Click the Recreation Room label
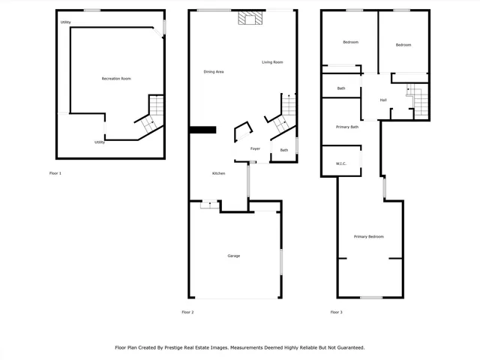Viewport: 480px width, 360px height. (116, 79)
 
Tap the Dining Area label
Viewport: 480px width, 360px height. (214, 72)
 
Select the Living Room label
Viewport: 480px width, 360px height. (272, 62)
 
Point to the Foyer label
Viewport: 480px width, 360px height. (255, 149)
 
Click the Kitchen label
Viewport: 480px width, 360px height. (218, 173)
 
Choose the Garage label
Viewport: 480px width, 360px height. (234, 256)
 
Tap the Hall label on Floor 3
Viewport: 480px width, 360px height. (383, 100)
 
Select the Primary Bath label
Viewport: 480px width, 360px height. (347, 127)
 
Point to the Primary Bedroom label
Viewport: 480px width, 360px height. (369, 237)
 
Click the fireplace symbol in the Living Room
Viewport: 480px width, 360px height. (248, 19)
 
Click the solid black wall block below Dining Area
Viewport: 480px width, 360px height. (202, 130)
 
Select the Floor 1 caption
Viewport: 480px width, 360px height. (55, 173)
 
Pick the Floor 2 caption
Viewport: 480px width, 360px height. (187, 312)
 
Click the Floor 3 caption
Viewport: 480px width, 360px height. (336, 312)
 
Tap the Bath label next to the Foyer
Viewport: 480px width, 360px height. (284, 150)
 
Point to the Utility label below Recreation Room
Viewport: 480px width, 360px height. (100, 142)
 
